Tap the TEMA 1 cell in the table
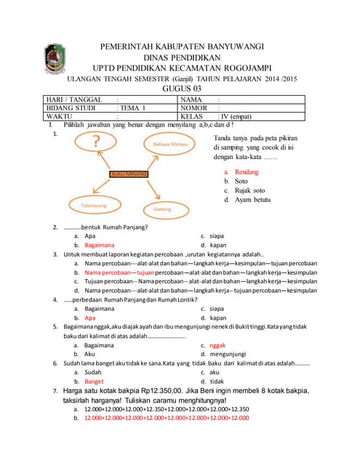(132, 108)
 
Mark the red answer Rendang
(241, 172)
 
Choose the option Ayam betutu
(247, 199)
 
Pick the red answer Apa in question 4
(90, 318)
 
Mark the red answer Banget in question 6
(95, 381)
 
